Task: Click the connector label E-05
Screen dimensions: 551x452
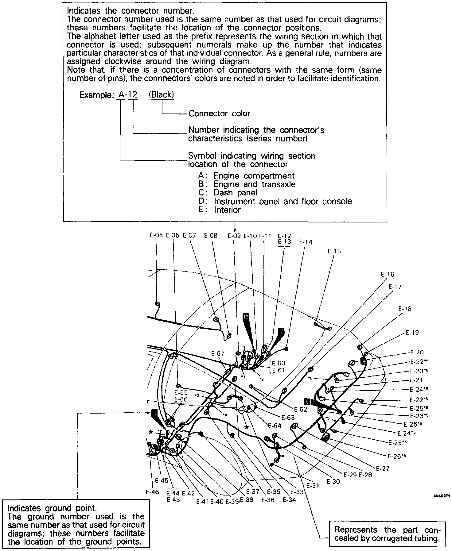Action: pyautogui.click(x=156, y=235)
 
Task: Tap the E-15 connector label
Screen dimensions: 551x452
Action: pyautogui.click(x=334, y=251)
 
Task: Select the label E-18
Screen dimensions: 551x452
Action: pyautogui.click(x=405, y=309)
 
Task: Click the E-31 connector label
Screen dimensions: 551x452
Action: pyautogui.click(x=313, y=486)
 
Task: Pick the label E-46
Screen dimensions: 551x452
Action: pyautogui.click(x=152, y=492)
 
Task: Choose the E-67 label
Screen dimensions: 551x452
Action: pyautogui.click(x=218, y=353)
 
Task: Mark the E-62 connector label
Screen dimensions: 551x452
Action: pyautogui.click(x=300, y=409)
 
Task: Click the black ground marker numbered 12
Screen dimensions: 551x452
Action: pyautogui.click(x=246, y=317)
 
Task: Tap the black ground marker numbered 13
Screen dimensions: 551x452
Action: pyautogui.click(x=281, y=331)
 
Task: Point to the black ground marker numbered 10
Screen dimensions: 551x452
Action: pyautogui.click(x=154, y=413)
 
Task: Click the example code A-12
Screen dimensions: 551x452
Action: pyautogui.click(x=128, y=95)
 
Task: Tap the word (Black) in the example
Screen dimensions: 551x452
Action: pyautogui.click(x=161, y=95)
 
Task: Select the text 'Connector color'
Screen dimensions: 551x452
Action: pyautogui.click(x=219, y=114)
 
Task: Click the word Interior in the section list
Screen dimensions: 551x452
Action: pyautogui.click(x=227, y=210)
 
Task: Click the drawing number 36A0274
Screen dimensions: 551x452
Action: pyautogui.click(x=442, y=495)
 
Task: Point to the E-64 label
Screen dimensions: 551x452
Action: pyautogui.click(x=275, y=426)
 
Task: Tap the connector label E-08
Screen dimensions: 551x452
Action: pyautogui.click(x=211, y=235)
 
